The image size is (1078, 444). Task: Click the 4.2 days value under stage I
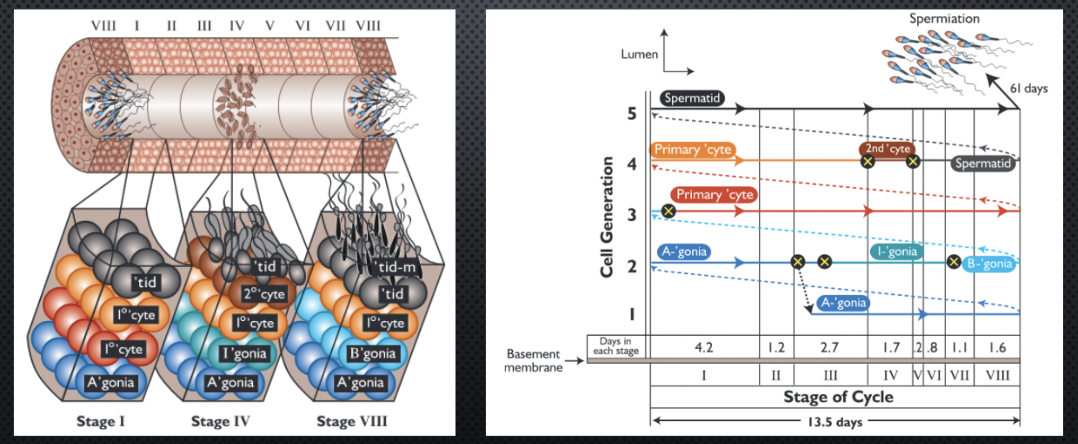(x=704, y=348)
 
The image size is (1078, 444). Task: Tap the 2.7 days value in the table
(x=829, y=348)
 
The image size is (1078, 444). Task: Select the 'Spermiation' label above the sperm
(x=944, y=19)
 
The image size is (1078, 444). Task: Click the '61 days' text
(x=1028, y=88)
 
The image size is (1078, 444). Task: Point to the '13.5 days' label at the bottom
(x=835, y=422)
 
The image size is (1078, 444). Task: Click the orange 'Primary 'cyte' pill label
(x=693, y=150)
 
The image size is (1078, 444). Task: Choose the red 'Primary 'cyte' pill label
(x=714, y=195)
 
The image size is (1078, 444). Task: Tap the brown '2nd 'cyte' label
(x=887, y=149)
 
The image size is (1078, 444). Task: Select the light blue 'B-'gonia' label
(x=989, y=264)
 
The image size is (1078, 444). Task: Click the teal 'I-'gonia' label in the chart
(x=897, y=252)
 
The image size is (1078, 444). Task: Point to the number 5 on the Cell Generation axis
(x=631, y=114)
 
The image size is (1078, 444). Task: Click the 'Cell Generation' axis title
(x=606, y=217)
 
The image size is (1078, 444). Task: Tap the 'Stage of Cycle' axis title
(x=838, y=397)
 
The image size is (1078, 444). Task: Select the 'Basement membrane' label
(x=533, y=360)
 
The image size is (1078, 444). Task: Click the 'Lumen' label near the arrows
(x=639, y=54)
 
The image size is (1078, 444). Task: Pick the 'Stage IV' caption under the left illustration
(x=220, y=421)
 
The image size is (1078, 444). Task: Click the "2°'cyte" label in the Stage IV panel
(x=263, y=294)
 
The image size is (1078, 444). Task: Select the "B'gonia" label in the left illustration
(x=372, y=354)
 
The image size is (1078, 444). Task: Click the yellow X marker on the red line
(x=668, y=211)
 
